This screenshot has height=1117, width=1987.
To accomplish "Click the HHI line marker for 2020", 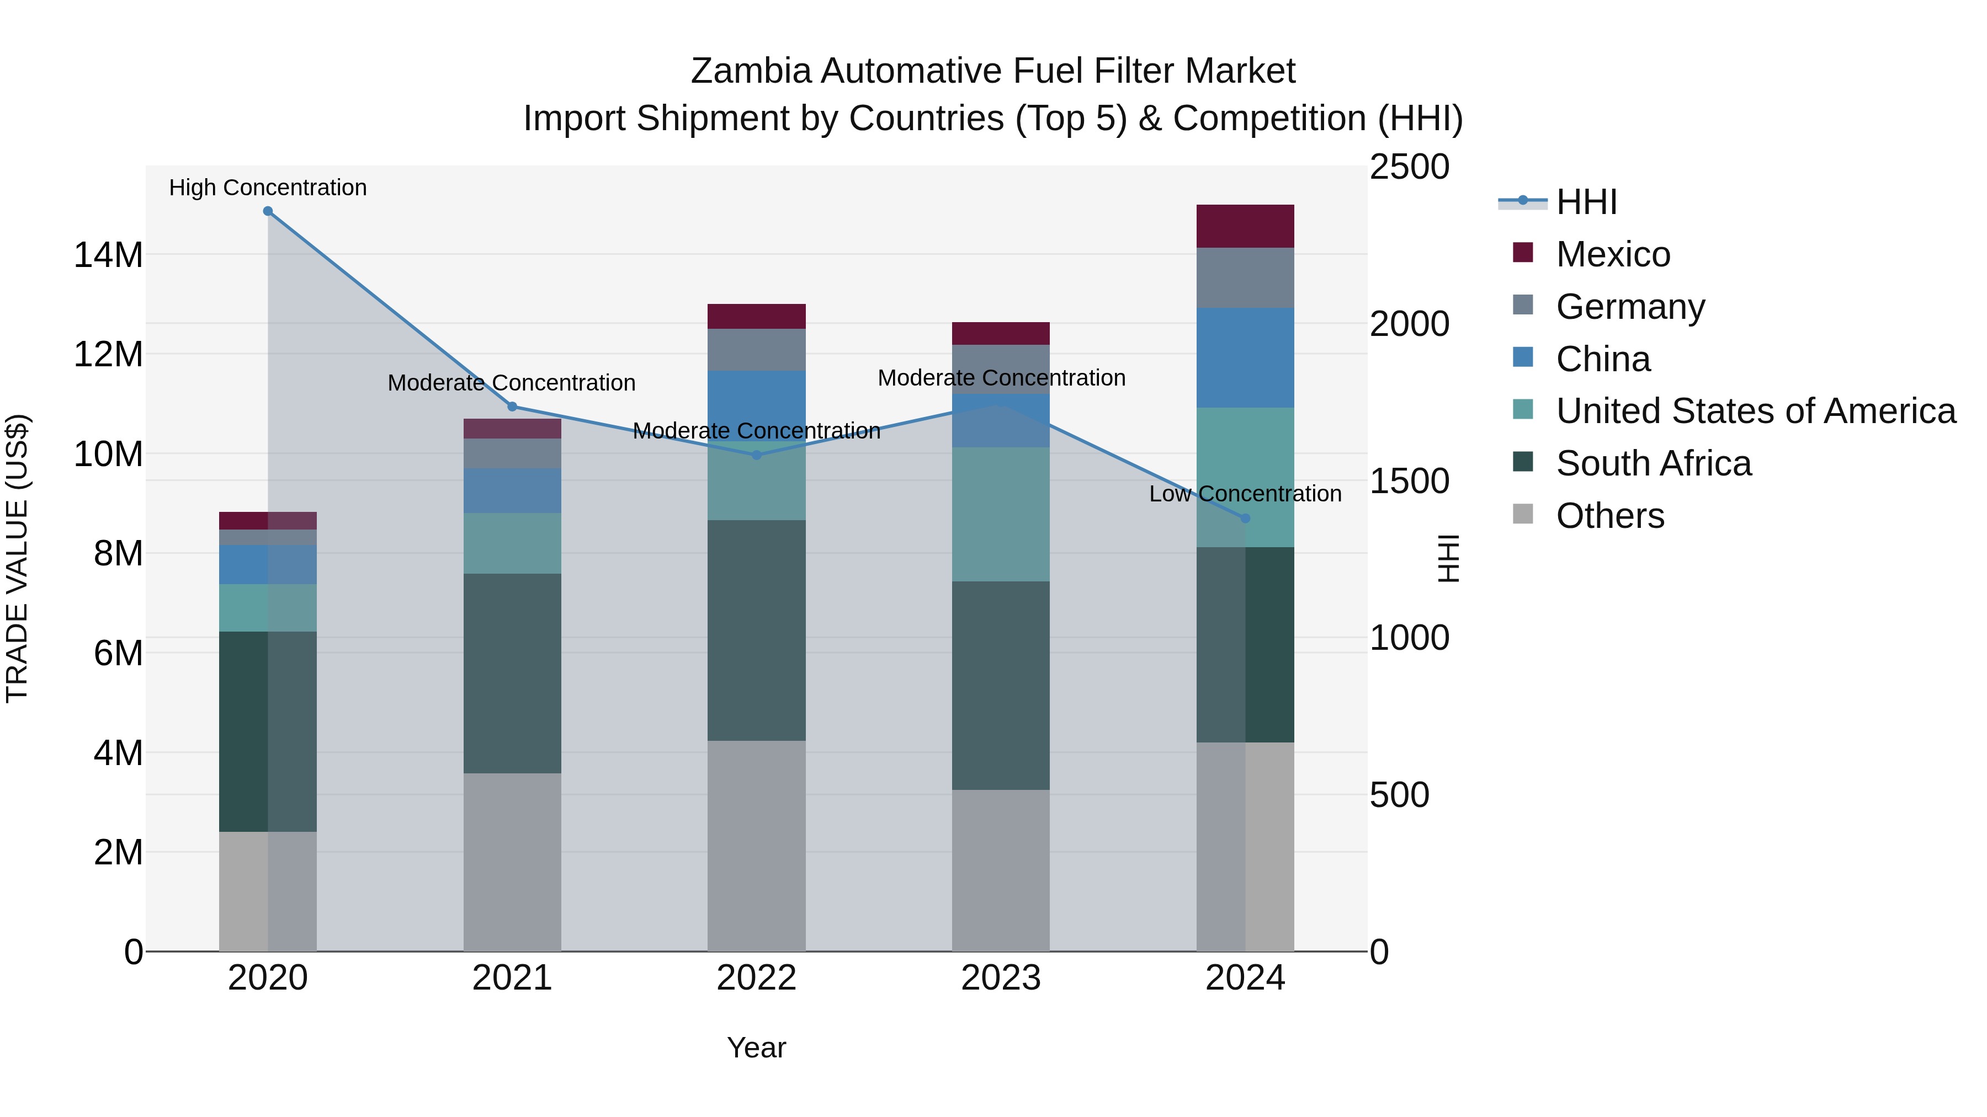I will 268,211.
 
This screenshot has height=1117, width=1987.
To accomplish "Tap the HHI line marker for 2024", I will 1245,519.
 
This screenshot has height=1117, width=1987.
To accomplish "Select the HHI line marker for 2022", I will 757,456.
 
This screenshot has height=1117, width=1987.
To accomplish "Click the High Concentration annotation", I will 268,188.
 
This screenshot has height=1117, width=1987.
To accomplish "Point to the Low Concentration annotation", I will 1245,494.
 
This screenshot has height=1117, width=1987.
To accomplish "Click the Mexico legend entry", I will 1612,254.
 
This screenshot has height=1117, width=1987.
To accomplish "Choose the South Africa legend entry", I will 1653,463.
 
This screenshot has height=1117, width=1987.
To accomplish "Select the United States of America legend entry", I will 1755,411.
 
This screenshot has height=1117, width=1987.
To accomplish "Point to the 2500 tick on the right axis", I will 1409,167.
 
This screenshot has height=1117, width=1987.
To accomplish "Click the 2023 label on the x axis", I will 1001,978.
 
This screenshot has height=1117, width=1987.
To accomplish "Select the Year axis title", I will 756,1047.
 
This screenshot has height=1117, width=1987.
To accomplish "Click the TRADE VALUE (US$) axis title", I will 17,558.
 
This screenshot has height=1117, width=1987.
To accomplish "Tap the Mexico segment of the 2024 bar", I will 1245,227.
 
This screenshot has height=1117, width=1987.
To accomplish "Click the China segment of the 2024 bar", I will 1245,357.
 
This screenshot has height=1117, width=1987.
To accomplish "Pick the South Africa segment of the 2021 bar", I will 512,673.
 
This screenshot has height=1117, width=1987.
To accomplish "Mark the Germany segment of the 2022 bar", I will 757,350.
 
